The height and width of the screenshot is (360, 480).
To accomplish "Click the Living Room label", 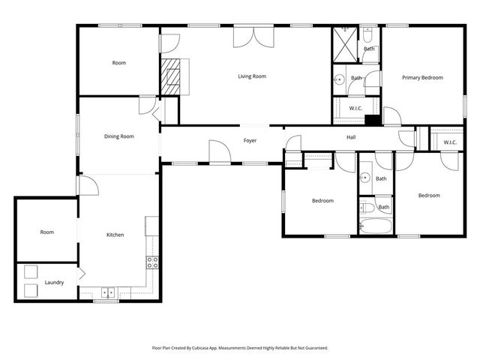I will [x=252, y=76].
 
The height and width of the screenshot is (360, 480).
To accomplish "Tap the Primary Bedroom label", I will [x=422, y=77].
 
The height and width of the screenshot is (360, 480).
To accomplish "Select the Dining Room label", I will [x=118, y=136].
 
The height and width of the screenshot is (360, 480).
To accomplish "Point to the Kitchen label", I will [x=115, y=235].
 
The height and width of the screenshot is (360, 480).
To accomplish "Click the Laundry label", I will [x=54, y=282].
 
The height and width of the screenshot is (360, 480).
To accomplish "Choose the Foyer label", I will [x=250, y=140].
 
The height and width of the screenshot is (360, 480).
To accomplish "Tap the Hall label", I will [x=351, y=137].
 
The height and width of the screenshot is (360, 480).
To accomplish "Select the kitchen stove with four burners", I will [x=151, y=262].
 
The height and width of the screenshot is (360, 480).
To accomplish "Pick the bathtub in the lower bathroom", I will [x=375, y=226].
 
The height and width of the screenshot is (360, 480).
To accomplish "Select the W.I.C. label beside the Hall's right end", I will [x=450, y=142].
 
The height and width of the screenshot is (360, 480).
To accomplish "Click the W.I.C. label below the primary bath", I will [x=356, y=109].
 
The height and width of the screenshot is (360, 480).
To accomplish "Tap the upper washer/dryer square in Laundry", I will [x=32, y=272].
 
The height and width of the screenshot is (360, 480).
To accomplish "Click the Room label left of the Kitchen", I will [x=47, y=232].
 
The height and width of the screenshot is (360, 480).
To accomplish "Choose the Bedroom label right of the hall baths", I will [x=429, y=196].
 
